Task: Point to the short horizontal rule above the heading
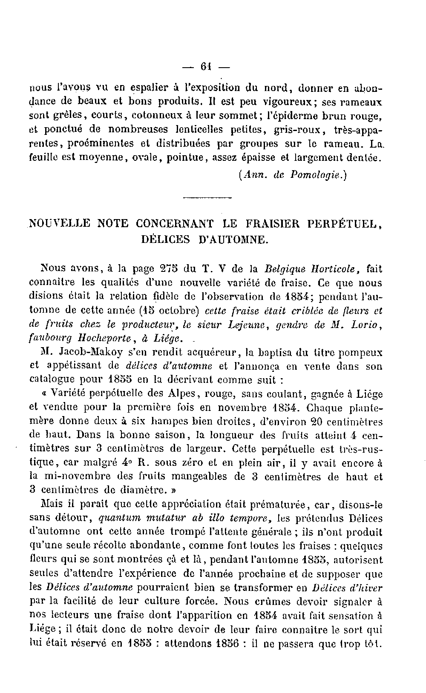coord(207,197)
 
